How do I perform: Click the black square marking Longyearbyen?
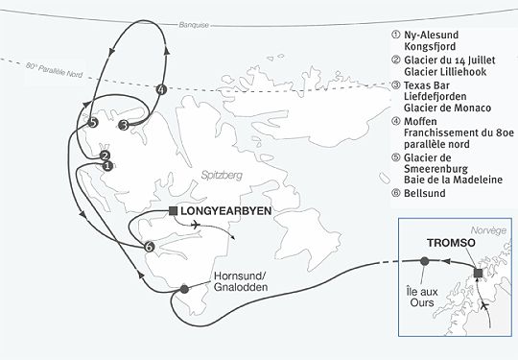(172, 210)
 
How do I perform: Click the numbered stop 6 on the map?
(150, 247)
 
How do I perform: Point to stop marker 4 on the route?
(161, 90)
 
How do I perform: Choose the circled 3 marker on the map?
(123, 124)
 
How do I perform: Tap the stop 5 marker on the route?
(92, 123)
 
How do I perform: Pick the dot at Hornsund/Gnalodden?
(184, 289)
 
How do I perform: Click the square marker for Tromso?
(479, 276)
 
